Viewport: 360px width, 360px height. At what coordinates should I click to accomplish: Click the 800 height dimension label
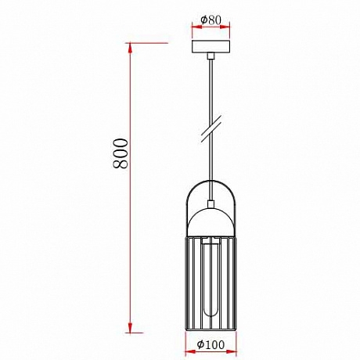pos(120,157)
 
